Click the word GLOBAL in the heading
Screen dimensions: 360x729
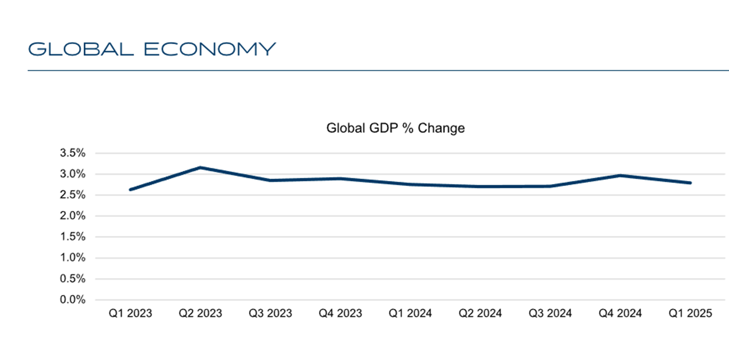pos(81,49)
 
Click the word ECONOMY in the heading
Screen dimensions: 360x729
pos(210,49)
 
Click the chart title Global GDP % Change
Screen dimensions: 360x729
pos(395,128)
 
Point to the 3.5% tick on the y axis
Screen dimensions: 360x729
pos(72,153)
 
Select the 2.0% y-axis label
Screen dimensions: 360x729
pos(72,216)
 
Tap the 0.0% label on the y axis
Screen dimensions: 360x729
pos(72,299)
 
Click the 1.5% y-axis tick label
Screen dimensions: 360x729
pos(72,236)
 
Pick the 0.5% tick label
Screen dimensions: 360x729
pos(72,279)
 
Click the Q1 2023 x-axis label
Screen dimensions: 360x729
pos(130,313)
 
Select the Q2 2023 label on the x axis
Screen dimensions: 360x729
pos(200,313)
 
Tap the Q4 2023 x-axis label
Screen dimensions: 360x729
pos(340,313)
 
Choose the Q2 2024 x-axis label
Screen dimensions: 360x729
pos(480,313)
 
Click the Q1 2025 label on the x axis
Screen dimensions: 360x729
pos(690,313)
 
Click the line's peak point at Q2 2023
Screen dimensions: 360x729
pos(200,167)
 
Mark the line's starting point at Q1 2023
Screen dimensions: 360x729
pos(130,189)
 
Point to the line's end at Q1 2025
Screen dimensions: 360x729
pos(690,183)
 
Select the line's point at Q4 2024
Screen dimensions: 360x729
pos(620,175)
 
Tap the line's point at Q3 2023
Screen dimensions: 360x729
pos(270,180)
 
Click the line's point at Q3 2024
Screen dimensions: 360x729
pos(550,186)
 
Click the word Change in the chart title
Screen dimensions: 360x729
pos(441,128)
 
